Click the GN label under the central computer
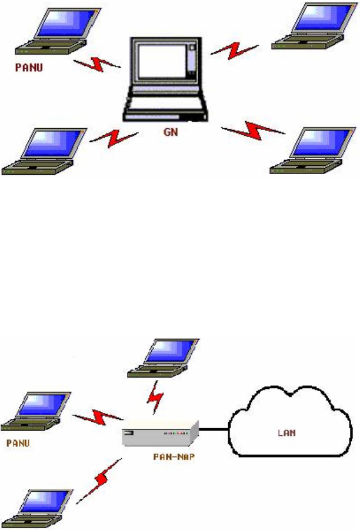171,134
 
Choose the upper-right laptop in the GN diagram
312,26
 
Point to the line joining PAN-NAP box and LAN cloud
215,431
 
